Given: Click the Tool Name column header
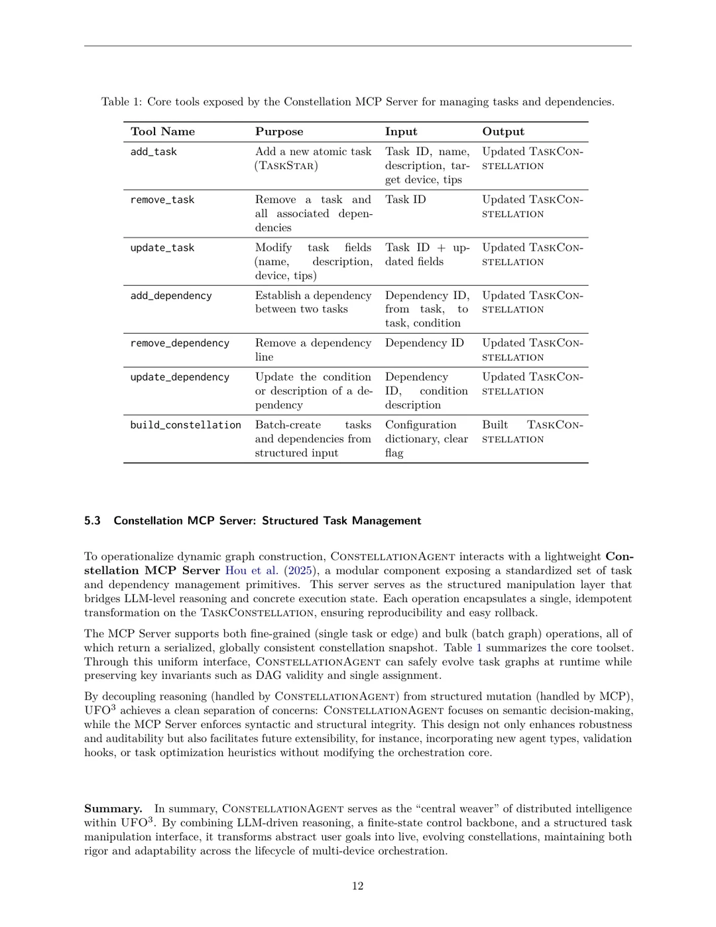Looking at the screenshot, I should point(162,132).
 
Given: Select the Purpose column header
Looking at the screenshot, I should point(279,132).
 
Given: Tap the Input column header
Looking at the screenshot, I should point(401,132).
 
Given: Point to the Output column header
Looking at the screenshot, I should point(503,132).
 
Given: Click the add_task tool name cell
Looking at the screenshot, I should point(154,152).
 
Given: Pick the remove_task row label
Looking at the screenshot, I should point(162,200).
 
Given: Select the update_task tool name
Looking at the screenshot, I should point(162,248).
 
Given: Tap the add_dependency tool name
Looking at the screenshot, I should point(171,296).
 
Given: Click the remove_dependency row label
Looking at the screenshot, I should point(180,343).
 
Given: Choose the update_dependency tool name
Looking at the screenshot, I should point(180,377).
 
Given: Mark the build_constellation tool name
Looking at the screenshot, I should point(186,425).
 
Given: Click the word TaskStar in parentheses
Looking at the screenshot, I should point(286,166).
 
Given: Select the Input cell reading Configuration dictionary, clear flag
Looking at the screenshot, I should point(426,439).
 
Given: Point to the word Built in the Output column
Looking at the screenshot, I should point(495,425).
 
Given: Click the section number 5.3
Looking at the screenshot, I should point(92,521).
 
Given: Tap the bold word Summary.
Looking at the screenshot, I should point(113,809).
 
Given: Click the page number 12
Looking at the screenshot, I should point(357,887).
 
